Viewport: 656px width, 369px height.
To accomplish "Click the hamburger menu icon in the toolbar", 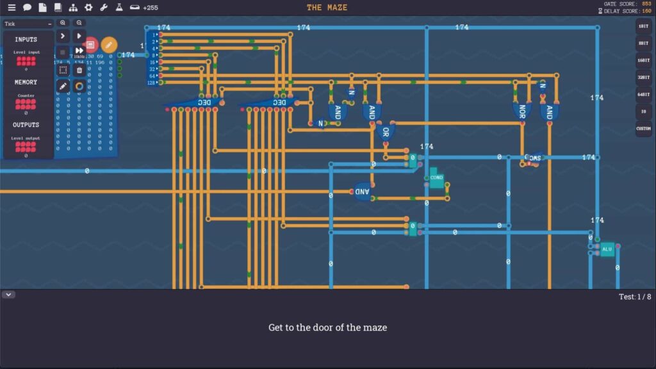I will click(x=12, y=8).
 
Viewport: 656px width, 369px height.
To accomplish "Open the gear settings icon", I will click(x=88, y=8).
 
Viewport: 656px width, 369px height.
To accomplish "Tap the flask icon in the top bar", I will click(x=119, y=8).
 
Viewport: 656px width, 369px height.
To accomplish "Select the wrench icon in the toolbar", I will click(x=104, y=8).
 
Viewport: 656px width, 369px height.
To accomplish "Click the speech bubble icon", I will click(x=27, y=8).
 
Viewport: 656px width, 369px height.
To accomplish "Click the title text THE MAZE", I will click(x=327, y=8).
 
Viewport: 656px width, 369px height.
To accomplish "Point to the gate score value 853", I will click(x=646, y=4).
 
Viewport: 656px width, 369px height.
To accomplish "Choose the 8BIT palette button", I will click(x=643, y=43).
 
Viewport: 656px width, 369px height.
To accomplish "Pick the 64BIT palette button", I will click(x=643, y=94).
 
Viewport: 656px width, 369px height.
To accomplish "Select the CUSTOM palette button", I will click(x=643, y=129).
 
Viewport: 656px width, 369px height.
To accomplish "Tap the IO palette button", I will click(x=643, y=111).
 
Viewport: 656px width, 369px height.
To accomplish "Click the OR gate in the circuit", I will click(x=386, y=133).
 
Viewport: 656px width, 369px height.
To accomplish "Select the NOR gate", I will click(x=521, y=111).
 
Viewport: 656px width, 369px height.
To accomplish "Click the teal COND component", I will click(x=436, y=178).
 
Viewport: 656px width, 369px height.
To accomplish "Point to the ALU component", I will click(x=607, y=249).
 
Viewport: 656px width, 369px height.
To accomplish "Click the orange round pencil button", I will click(x=109, y=45).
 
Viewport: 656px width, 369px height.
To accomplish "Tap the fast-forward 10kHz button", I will click(x=79, y=52).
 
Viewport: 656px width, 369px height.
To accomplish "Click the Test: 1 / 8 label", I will click(x=635, y=297).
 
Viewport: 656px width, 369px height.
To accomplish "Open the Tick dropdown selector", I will click(x=28, y=24).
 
